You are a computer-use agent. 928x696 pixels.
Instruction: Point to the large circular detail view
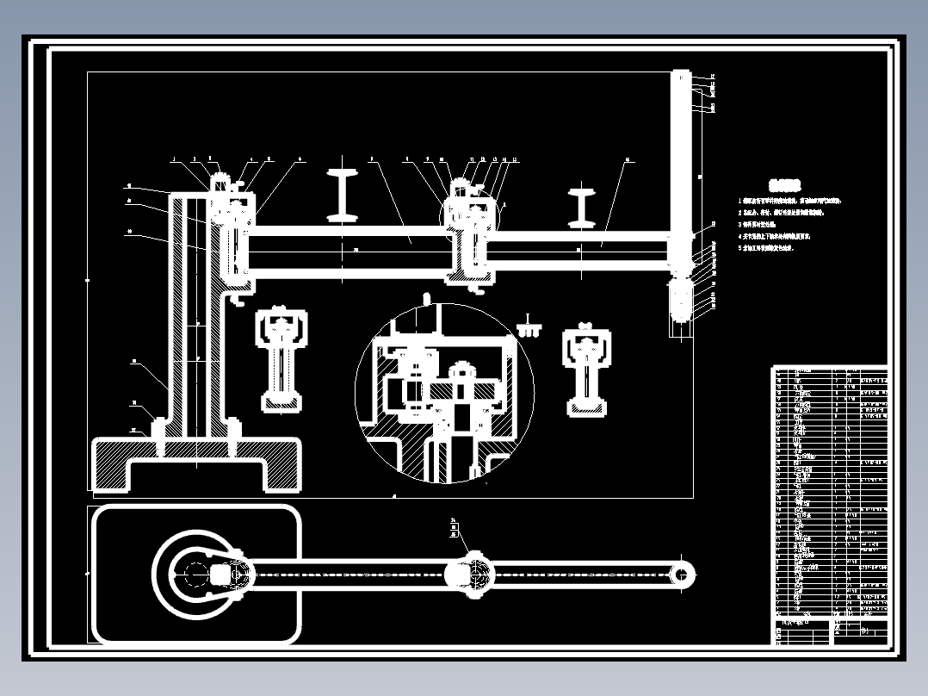(444, 393)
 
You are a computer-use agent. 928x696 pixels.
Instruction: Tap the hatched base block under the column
(196, 463)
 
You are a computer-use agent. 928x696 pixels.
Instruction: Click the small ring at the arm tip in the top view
(683, 574)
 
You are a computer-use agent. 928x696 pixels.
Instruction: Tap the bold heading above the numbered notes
(784, 184)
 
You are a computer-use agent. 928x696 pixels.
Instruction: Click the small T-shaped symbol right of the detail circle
(529, 325)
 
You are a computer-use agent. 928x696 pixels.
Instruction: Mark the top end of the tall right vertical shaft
(682, 78)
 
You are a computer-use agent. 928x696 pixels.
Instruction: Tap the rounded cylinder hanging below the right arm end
(681, 301)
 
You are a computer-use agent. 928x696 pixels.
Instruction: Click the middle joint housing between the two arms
(470, 237)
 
